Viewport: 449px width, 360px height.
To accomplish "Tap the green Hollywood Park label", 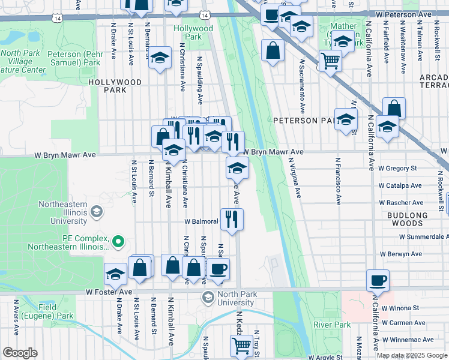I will click(193, 32).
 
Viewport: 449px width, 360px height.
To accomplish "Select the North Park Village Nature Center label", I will click(23, 61).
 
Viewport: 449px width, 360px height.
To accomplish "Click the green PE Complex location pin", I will click(118, 242).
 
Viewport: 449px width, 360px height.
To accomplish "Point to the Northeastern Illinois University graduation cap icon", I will click(96, 211).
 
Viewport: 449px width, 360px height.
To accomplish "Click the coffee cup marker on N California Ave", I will click(378, 280).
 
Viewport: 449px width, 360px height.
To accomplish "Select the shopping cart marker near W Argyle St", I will click(241, 345).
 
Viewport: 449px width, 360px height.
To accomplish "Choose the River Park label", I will click(331, 325).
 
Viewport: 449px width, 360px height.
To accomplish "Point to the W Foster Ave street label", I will click(109, 292).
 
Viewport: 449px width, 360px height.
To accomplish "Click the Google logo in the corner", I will click(20, 352).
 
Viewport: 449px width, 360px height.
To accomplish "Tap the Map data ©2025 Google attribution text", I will click(411, 355).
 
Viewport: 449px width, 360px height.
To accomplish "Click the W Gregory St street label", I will click(397, 169).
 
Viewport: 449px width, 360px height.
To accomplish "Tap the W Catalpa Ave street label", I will click(399, 186).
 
